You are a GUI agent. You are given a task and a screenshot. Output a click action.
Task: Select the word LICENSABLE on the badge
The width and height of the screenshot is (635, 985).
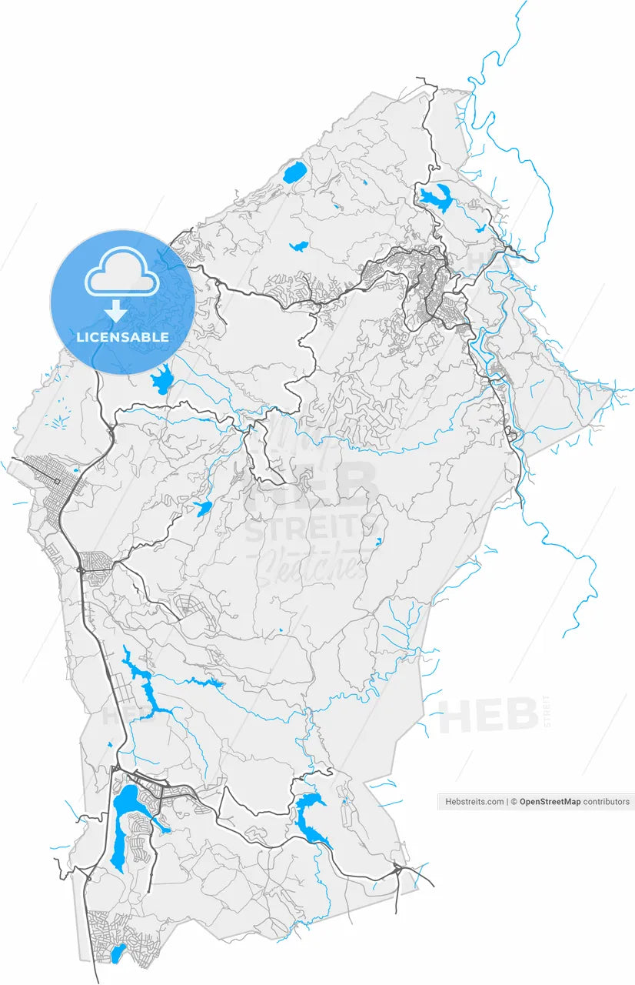coord(122,337)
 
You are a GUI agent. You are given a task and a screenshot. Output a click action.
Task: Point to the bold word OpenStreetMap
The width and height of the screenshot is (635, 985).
coord(550,802)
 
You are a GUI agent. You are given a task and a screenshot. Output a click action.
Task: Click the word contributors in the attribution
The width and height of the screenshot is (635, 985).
coord(606,802)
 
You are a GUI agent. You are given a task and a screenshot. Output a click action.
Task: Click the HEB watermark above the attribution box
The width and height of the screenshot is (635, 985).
coord(488,716)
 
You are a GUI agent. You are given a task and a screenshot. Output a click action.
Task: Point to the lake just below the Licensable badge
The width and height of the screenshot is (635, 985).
coord(162,381)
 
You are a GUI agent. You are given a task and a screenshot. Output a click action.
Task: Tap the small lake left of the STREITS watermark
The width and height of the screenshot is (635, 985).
coord(203,508)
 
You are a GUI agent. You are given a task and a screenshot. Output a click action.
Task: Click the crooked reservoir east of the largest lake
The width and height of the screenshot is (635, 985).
coord(308,812)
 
